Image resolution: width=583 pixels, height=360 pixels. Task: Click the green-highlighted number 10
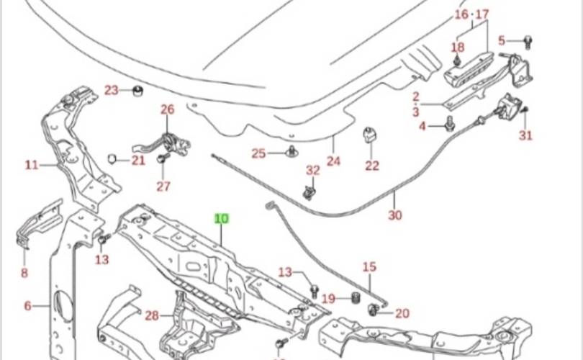click(x=222, y=218)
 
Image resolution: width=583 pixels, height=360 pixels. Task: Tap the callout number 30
click(x=394, y=215)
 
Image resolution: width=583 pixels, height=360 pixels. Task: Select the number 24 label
click(x=333, y=161)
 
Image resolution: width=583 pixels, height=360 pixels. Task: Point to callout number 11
click(x=32, y=165)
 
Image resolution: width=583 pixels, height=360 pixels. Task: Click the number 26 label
click(x=168, y=110)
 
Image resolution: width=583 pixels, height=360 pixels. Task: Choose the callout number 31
click(x=526, y=135)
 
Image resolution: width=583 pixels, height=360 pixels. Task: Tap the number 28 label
click(x=151, y=315)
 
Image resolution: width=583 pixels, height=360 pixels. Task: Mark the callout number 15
click(x=369, y=267)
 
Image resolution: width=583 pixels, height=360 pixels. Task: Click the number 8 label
click(x=24, y=272)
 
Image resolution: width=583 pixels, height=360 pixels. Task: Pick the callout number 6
click(x=28, y=306)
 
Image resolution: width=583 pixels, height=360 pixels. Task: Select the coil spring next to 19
click(x=354, y=299)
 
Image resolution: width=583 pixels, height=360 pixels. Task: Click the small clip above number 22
click(x=371, y=135)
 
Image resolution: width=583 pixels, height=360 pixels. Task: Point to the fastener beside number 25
click(x=291, y=152)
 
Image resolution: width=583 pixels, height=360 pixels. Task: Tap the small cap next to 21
click(x=113, y=159)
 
